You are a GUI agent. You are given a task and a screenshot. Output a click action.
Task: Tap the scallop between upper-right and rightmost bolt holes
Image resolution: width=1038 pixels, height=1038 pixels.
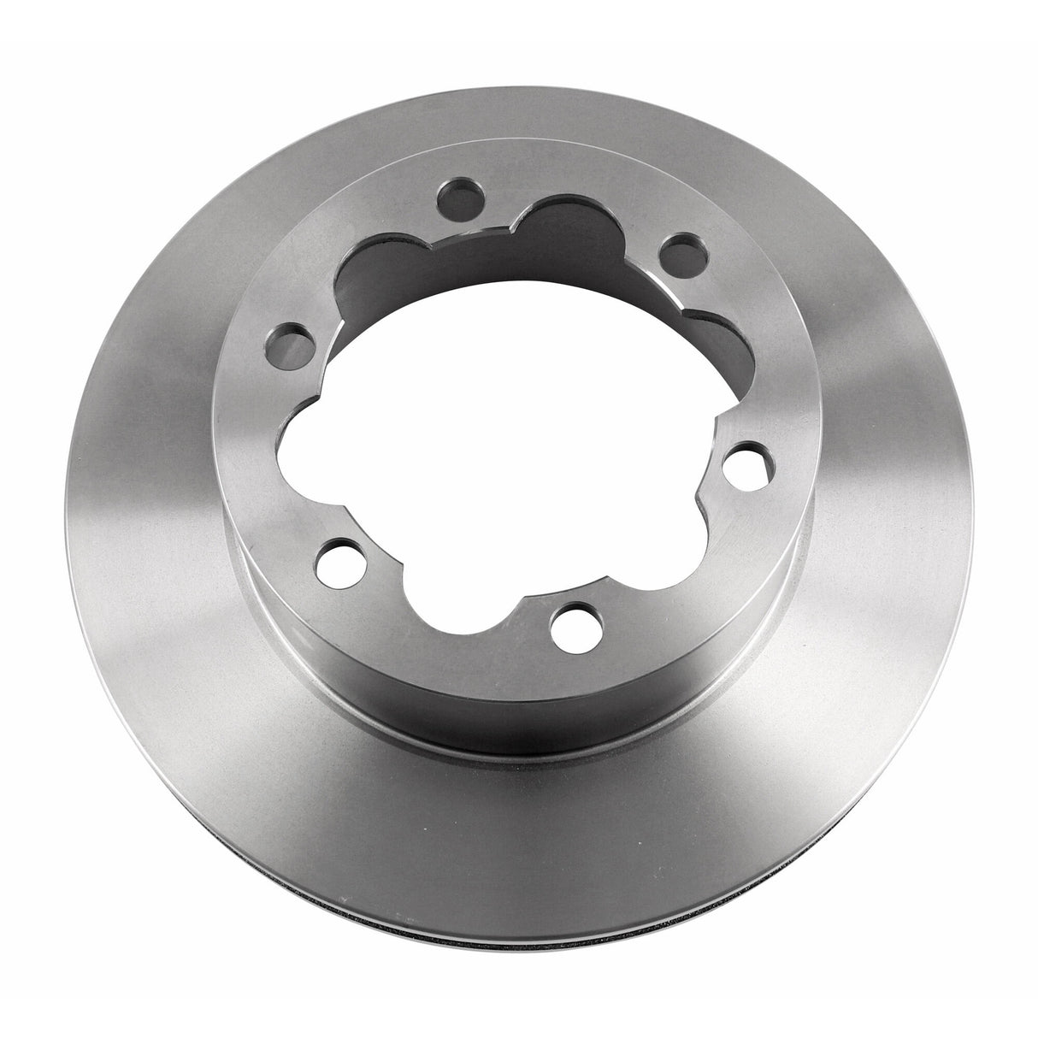[734, 342]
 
